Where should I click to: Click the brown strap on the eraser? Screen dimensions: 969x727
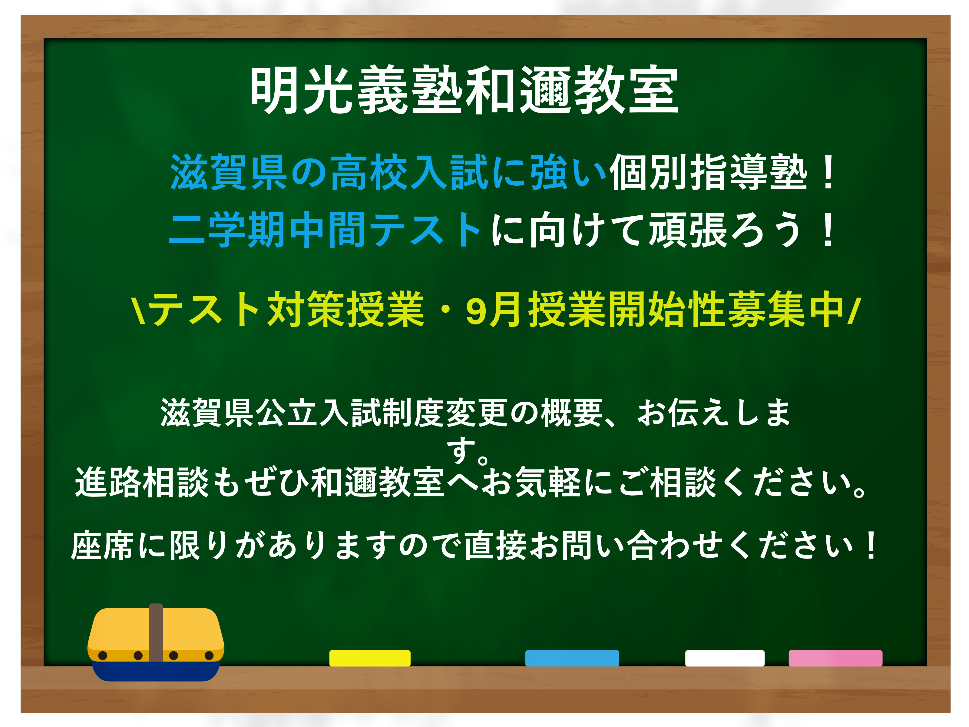[x=156, y=632]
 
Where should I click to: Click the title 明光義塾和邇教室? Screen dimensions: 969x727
[x=464, y=90]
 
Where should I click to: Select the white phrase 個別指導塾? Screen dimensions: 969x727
[x=708, y=172]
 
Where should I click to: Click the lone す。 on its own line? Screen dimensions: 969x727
[x=467, y=451]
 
